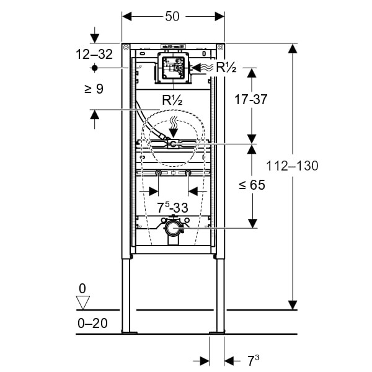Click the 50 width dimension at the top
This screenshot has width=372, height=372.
(172, 17)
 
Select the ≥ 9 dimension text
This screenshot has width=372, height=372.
(94, 89)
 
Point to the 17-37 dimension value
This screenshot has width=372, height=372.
(251, 99)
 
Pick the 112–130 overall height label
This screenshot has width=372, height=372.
(292, 166)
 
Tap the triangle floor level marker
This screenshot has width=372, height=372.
(82, 303)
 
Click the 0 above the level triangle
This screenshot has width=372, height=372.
(82, 289)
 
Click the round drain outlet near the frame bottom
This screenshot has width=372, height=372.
(173, 229)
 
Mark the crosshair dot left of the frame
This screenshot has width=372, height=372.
(94, 67)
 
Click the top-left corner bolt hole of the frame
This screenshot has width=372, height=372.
(126, 47)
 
